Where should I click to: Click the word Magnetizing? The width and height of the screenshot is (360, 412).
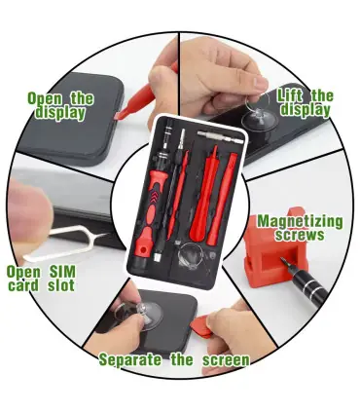point(300,222)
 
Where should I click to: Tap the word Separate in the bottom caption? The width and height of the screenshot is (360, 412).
point(130,359)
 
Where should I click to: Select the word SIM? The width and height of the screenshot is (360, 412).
point(62,272)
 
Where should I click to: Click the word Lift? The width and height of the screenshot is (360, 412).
point(290,95)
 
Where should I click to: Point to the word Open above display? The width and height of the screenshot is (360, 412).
point(45,98)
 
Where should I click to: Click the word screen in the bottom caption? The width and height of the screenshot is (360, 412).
point(227,360)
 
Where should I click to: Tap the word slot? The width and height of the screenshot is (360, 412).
point(61,285)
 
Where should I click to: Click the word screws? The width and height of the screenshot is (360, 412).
point(300,236)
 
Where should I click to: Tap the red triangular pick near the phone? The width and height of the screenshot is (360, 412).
point(201,325)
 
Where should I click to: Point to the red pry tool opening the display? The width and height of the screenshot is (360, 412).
point(143,95)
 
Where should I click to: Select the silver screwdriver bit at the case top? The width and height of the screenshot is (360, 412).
point(220,136)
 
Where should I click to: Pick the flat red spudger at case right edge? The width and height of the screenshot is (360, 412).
point(222,199)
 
